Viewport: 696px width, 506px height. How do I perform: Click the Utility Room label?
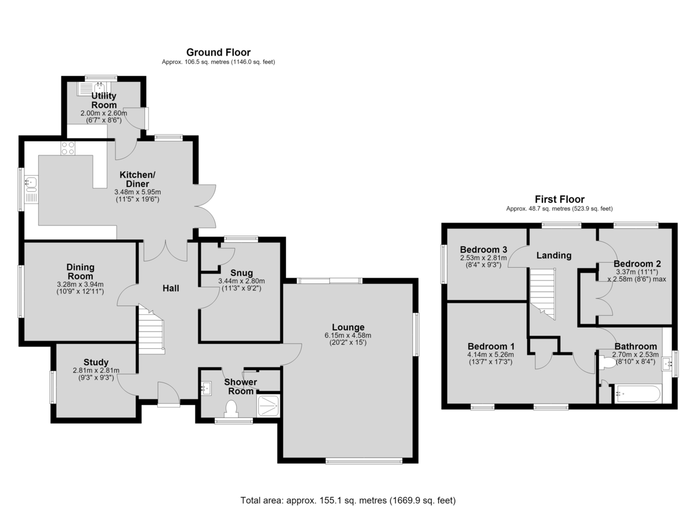tap(104, 100)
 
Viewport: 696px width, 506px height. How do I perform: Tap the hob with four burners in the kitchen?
tap(68, 148)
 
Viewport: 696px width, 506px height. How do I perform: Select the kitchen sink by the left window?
tap(31, 189)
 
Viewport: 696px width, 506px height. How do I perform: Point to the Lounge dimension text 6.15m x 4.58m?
tap(347, 335)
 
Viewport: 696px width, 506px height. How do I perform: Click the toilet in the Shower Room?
tap(231, 409)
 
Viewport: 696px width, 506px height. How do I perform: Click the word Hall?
tap(171, 289)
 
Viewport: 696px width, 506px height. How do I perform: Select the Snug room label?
tap(241, 273)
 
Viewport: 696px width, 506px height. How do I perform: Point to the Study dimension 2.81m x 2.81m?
tap(96, 370)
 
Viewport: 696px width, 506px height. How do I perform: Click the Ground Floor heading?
tap(219, 52)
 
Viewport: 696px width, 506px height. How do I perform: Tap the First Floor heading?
tap(560, 199)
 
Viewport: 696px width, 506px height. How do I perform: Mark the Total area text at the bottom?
tap(348, 492)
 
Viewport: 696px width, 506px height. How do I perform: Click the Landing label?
tap(554, 256)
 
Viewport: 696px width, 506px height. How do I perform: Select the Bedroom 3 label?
tap(484, 250)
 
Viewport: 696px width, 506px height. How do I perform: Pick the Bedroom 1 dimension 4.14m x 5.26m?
tap(491, 355)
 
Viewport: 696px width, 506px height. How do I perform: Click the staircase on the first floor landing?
tap(542, 293)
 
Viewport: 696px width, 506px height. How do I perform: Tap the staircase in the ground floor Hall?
tap(151, 330)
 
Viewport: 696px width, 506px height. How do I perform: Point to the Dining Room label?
tap(80, 272)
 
